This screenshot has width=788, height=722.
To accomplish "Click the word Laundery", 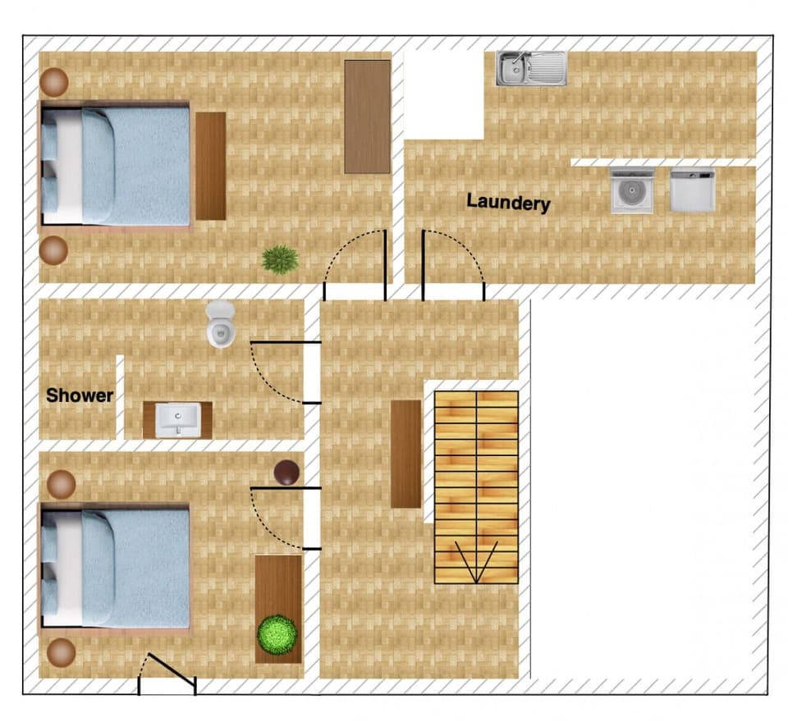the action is pyautogui.click(x=508, y=202).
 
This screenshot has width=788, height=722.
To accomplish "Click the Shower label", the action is pyautogui.click(x=80, y=395).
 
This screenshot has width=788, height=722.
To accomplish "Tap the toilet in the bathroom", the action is pyautogui.click(x=221, y=324).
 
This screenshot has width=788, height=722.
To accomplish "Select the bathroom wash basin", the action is pyautogui.click(x=178, y=419).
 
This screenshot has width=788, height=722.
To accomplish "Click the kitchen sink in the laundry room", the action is pyautogui.click(x=531, y=68).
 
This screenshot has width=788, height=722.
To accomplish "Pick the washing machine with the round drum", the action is pyautogui.click(x=632, y=191).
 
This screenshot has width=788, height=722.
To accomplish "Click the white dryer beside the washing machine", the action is pyautogui.click(x=693, y=190).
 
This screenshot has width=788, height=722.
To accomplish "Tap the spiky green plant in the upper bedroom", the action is pyautogui.click(x=280, y=259).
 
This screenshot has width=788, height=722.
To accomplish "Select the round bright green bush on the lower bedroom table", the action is pyautogui.click(x=277, y=634).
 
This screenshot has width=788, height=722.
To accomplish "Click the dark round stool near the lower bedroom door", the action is pyautogui.click(x=286, y=473).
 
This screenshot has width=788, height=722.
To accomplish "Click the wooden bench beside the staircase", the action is pyautogui.click(x=406, y=454).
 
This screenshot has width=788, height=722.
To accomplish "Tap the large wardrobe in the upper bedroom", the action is pyautogui.click(x=368, y=117).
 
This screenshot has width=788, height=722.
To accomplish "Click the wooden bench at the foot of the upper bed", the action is pyautogui.click(x=211, y=166).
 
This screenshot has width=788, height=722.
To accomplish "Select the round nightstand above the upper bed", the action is pyautogui.click(x=54, y=82).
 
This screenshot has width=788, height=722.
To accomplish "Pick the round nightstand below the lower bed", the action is pyautogui.click(x=62, y=652).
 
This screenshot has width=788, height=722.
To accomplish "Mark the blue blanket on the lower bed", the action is pyautogui.click(x=135, y=569).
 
